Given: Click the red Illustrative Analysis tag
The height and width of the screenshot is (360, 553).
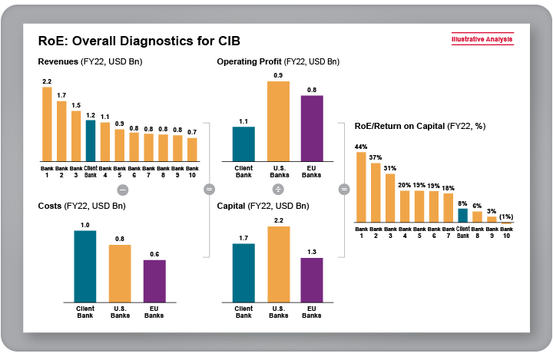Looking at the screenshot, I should (482, 40).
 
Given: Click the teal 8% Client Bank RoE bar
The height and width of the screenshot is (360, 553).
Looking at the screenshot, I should (462, 215).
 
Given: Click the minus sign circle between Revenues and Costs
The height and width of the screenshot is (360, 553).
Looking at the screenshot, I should (121, 189).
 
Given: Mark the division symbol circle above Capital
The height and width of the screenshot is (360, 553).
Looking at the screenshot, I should (278, 189).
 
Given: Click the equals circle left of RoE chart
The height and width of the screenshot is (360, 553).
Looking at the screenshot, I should (343, 189).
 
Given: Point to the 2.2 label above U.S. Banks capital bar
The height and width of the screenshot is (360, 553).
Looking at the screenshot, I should (278, 221).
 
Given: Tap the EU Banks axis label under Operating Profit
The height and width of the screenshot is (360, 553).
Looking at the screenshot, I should (312, 170).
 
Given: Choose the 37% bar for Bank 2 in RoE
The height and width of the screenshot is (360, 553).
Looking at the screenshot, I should (376, 192).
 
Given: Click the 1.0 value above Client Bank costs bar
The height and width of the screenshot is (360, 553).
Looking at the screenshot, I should (84, 225).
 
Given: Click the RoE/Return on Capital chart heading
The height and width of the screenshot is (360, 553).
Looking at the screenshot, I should (419, 125).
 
